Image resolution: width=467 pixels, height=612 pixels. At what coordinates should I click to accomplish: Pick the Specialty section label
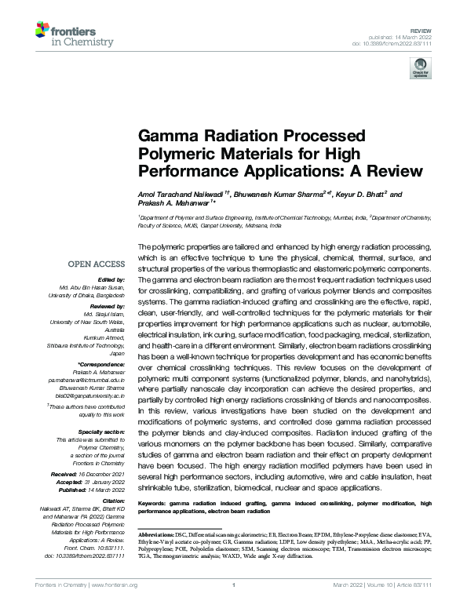click(102, 432)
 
